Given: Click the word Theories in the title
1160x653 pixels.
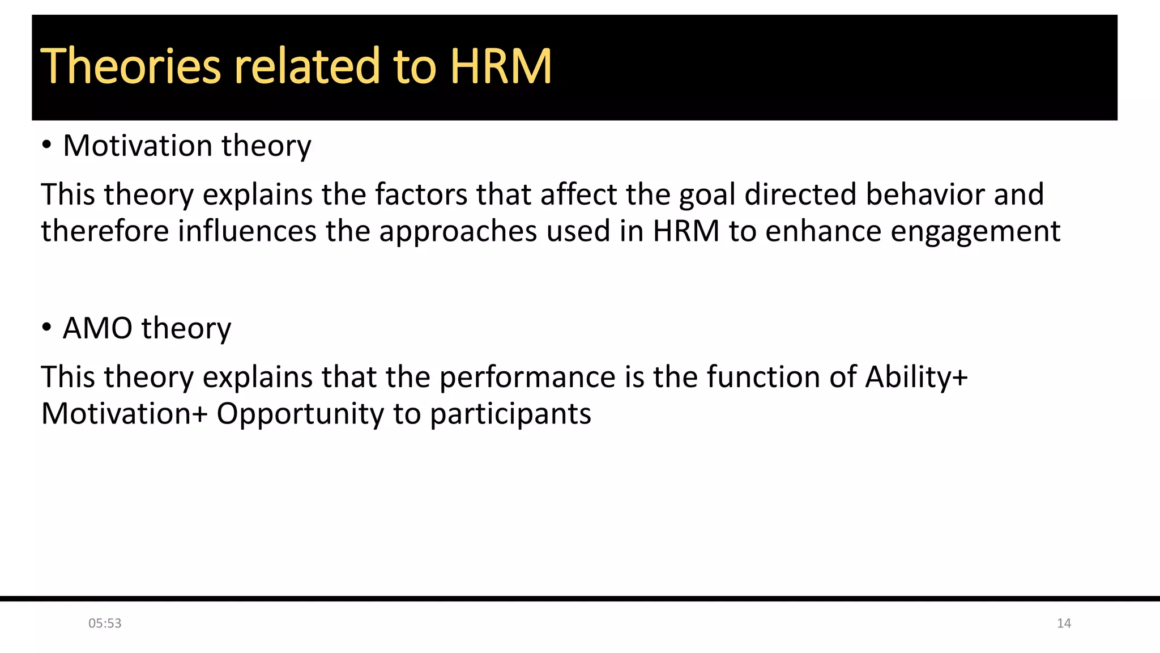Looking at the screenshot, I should pos(130,66).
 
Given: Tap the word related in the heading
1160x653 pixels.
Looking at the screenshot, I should pos(306,66).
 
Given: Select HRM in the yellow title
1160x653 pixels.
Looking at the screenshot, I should pos(501,66).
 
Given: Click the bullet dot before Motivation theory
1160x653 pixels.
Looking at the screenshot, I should pos(46,145).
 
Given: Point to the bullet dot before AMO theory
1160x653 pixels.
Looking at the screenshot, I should pos(46,328).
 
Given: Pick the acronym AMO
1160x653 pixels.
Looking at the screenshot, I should pos(97,328).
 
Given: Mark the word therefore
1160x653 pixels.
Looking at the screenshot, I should pos(105,231).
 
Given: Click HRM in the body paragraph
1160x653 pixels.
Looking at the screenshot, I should pos(686,231).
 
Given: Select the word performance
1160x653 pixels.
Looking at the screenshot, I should pos(527,378).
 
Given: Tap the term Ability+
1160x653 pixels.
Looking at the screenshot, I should pos(916,378).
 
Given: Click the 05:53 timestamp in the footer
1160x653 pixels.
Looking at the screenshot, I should pos(105,624).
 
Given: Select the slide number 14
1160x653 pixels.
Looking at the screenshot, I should pos(1064,624).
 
